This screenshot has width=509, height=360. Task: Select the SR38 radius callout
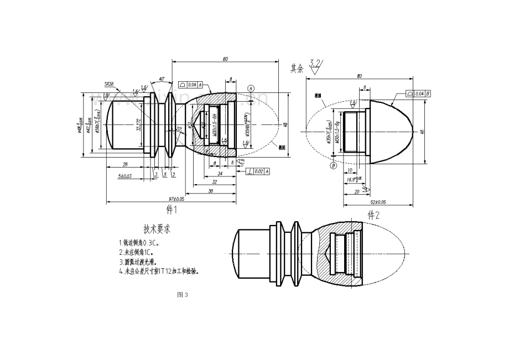109,85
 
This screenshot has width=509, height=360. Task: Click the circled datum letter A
251,88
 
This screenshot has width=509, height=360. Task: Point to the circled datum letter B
334,165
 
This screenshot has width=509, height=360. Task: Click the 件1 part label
172,210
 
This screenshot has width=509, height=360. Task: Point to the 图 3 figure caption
183,295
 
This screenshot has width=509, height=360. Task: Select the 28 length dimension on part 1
126,164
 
